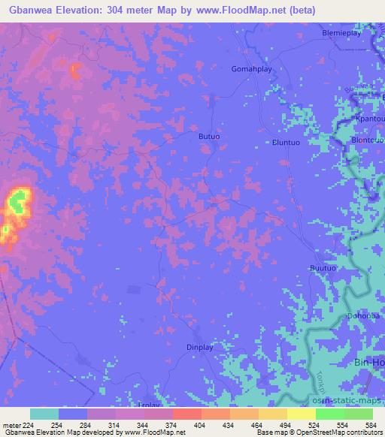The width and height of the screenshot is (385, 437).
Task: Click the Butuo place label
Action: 208,136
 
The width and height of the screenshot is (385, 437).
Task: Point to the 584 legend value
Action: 372,425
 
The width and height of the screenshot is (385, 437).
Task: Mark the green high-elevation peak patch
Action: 19,199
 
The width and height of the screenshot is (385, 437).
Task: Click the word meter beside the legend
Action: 11,425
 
